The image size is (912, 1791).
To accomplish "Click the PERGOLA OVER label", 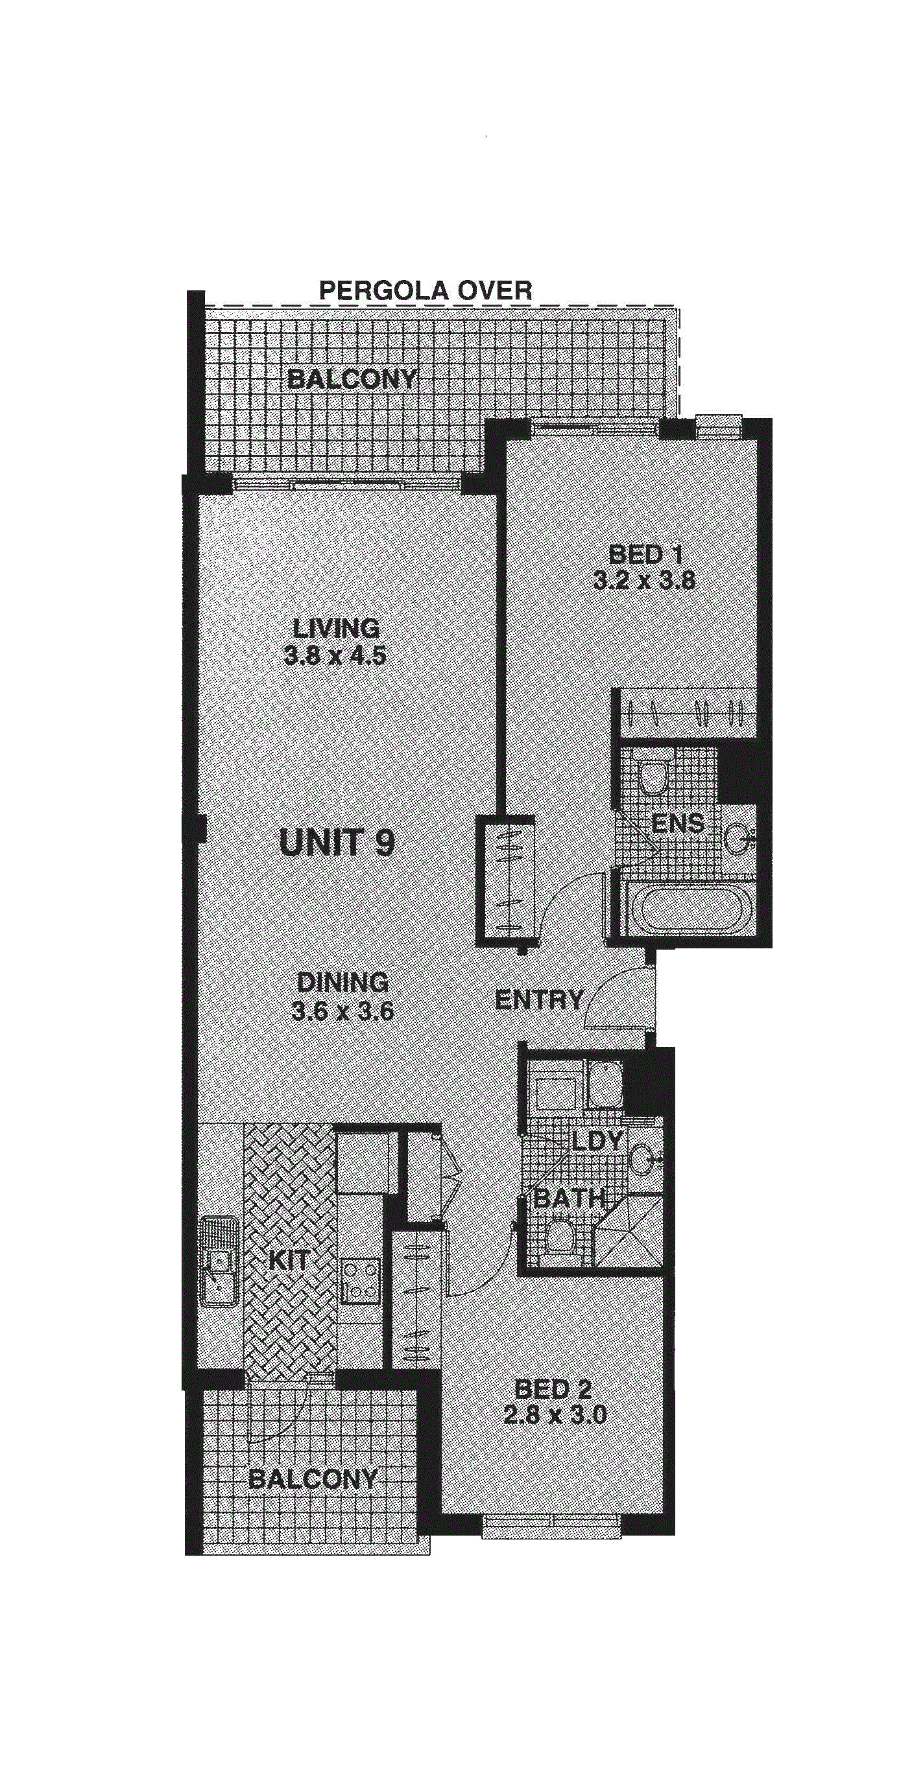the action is tap(425, 290).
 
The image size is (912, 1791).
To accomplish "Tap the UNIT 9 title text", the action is tap(337, 843).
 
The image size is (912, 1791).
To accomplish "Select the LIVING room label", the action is tap(336, 628).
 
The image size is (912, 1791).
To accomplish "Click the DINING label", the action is tap(342, 983).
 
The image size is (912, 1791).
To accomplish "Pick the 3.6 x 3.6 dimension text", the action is tap(342, 1010).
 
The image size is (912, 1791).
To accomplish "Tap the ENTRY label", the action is tap(538, 1000).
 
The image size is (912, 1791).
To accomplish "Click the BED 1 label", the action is tap(645, 554).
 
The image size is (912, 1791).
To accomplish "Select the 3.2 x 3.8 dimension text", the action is tap(644, 580).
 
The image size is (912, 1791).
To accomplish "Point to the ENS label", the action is tap(678, 823).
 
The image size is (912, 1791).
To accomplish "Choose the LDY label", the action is tap(597, 1141).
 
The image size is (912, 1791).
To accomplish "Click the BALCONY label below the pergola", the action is tap(352, 379).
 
